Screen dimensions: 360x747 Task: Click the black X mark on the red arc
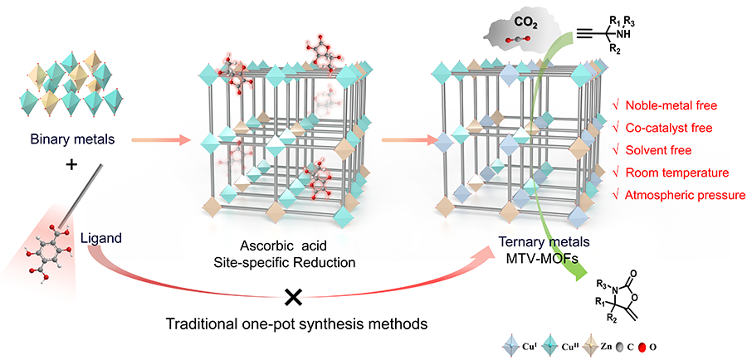[292, 295]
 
